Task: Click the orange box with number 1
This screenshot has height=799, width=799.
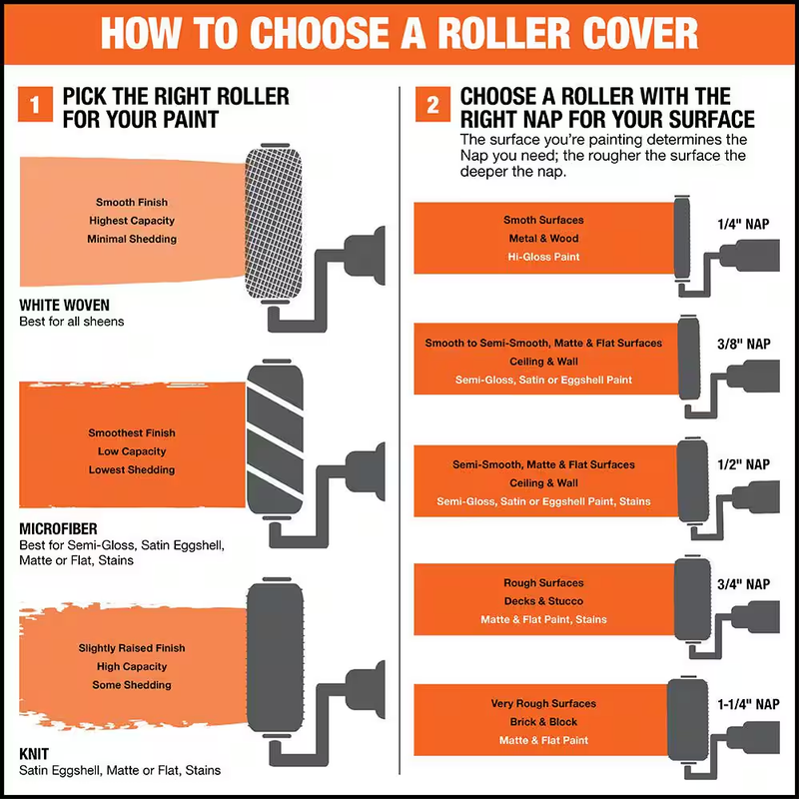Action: tap(35, 104)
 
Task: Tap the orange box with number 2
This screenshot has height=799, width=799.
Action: tap(432, 104)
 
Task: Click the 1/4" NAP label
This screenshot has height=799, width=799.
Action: tap(743, 224)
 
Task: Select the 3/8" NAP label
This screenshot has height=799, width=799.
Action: tap(743, 344)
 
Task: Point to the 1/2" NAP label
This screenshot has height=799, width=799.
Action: tap(743, 464)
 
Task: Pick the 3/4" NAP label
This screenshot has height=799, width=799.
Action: tap(743, 584)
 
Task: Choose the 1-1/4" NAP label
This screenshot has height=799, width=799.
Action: tap(748, 704)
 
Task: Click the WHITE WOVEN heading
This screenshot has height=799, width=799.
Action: tap(64, 306)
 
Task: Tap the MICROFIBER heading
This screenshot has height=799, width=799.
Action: tap(58, 529)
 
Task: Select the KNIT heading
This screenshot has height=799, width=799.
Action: tap(34, 754)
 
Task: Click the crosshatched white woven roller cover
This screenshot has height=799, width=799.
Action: tap(274, 224)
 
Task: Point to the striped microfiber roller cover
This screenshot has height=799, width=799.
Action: tap(276, 439)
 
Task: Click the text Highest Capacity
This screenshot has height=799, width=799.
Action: tap(132, 221)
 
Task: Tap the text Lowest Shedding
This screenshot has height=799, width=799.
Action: tap(132, 469)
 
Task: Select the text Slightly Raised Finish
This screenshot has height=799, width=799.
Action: tap(132, 648)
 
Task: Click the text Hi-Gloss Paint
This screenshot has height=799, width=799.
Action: tap(543, 257)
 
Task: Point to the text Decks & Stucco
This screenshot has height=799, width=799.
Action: tap(543, 601)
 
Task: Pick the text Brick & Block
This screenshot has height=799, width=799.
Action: tap(543, 722)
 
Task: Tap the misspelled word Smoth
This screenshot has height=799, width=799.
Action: tap(518, 220)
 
